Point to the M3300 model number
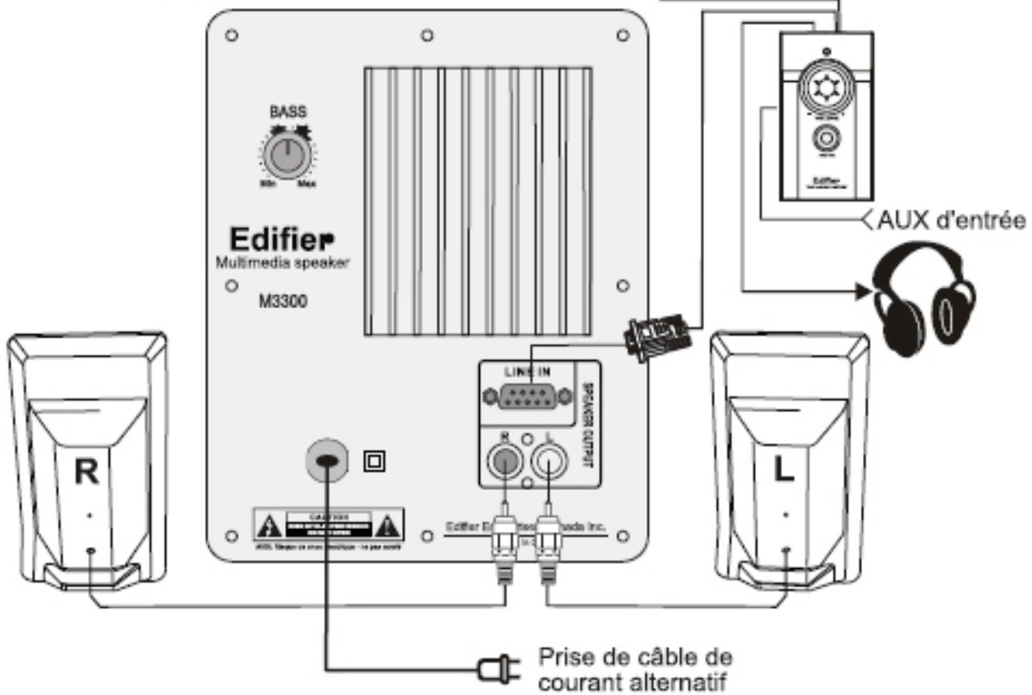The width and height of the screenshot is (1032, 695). point(282,301)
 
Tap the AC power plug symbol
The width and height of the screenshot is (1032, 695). point(497,666)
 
